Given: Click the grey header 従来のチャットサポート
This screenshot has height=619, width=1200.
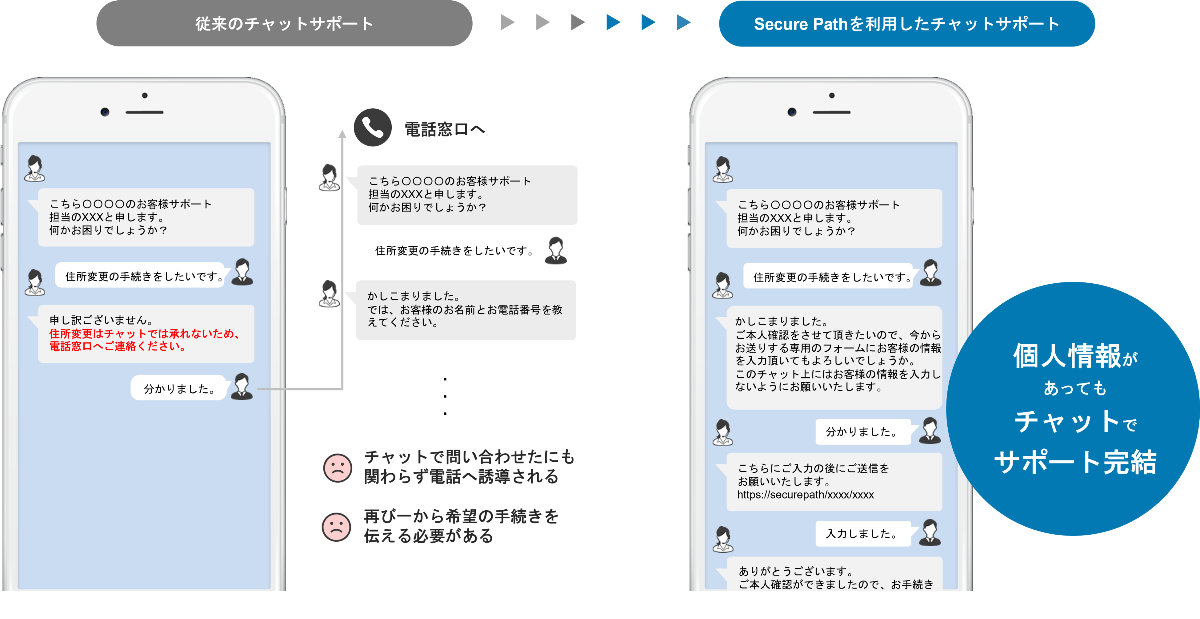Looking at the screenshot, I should [x=284, y=23].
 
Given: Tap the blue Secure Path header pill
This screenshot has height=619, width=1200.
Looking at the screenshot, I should [x=906, y=23].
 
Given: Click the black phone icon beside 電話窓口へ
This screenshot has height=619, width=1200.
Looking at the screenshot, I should [x=372, y=127].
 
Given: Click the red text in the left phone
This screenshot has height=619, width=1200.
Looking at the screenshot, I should [x=144, y=340].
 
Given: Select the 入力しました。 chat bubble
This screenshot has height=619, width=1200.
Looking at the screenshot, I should [x=862, y=533].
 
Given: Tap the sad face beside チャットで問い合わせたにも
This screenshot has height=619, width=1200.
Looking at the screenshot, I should [x=337, y=467].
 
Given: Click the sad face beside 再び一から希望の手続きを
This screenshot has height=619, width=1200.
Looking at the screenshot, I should [x=336, y=527].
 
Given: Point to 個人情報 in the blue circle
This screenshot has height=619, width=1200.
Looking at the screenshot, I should [x=1067, y=356].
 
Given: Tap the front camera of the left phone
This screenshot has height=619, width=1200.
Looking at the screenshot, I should [x=105, y=112].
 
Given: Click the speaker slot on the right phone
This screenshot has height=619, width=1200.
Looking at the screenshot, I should [x=831, y=112].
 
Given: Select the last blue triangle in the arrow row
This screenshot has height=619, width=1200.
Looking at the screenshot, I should [x=683, y=22].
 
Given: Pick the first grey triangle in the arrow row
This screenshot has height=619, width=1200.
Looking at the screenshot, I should [x=507, y=22].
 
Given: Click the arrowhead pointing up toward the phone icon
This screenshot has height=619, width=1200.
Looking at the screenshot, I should [x=342, y=134].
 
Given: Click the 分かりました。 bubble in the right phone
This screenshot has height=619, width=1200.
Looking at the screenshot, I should [x=862, y=432].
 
